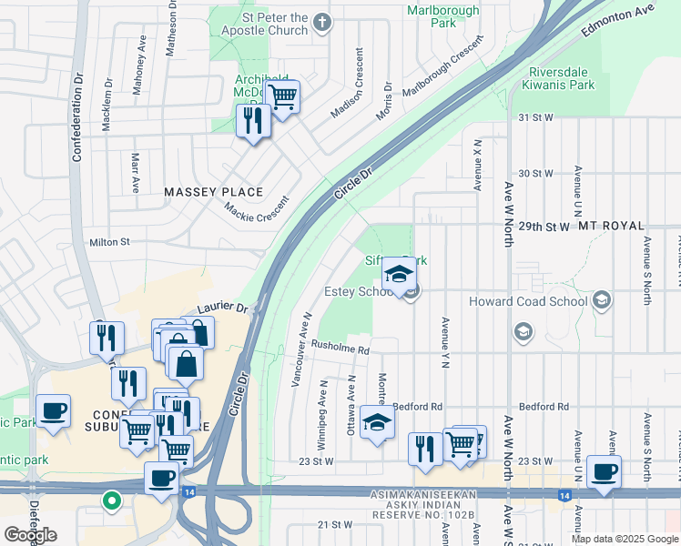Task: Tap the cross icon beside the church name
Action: [321, 21]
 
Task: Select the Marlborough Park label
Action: [432, 15]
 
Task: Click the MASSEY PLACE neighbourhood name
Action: [213, 192]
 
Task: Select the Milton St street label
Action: [109, 242]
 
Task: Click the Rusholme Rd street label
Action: [340, 348]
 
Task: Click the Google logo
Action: [30, 534]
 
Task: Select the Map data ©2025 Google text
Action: [624, 539]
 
